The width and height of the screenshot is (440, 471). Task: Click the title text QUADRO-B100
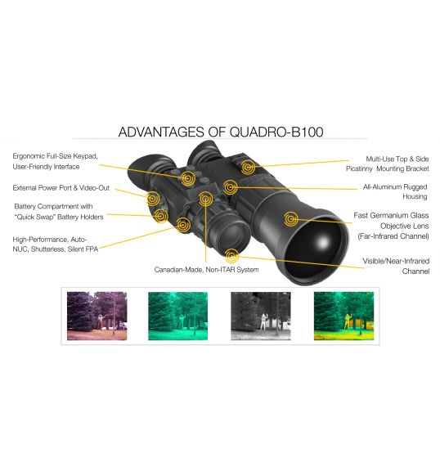(x=276, y=132)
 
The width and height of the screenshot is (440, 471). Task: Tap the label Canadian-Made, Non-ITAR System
(x=206, y=270)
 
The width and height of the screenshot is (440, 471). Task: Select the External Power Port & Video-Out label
(x=61, y=188)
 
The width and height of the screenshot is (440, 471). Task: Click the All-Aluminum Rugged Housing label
(x=395, y=191)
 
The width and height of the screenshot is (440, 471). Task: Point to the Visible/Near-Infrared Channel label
(x=396, y=266)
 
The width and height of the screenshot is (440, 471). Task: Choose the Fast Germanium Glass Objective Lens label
(x=391, y=226)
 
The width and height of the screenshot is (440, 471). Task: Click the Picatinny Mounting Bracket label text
(x=388, y=164)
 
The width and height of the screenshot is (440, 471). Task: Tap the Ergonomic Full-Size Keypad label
(x=56, y=161)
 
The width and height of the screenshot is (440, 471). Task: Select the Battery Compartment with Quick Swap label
(x=59, y=212)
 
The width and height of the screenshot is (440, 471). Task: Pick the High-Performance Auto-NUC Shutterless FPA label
(x=56, y=244)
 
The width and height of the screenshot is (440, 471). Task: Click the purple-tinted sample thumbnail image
(x=97, y=316)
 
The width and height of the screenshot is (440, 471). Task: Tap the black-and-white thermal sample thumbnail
(x=261, y=316)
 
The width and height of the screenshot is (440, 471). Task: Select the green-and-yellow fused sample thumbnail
(x=343, y=316)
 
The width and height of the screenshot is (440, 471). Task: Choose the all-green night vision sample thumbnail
(x=177, y=316)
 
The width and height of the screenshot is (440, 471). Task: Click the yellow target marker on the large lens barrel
(x=290, y=218)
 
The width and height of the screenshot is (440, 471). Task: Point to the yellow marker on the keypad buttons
(x=188, y=178)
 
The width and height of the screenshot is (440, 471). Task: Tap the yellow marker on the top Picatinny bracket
(x=248, y=167)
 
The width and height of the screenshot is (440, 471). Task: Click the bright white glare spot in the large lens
(x=323, y=242)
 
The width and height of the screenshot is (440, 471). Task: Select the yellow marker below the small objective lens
(x=232, y=256)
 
